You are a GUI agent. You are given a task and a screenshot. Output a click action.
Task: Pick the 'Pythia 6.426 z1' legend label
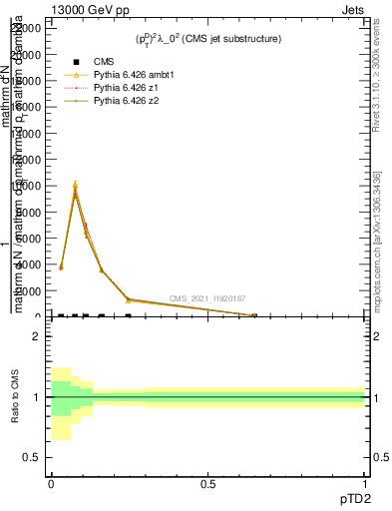pyautogui.click(x=127, y=88)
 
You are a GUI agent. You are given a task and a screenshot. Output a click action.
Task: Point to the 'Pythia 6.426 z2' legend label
pyautogui.click(x=127, y=101)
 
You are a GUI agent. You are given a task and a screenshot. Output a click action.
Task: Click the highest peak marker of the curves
pyautogui.click(x=75, y=187)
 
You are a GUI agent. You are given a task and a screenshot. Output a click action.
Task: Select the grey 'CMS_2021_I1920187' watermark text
pyautogui.click(x=207, y=298)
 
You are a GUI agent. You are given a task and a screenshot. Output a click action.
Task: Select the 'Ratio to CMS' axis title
pyautogui.click(x=15, y=397)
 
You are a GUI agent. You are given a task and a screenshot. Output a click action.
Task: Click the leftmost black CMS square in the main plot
pyautogui.click(x=61, y=315)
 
